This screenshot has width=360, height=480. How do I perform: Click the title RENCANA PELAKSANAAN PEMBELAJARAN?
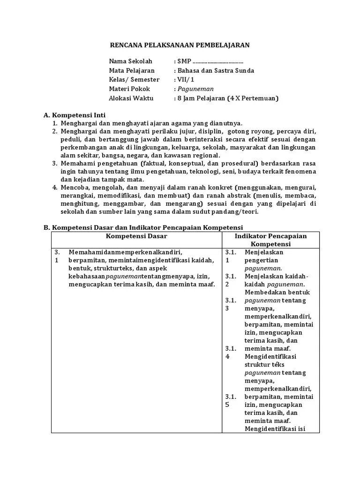180,45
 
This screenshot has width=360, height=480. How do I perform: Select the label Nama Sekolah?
127,61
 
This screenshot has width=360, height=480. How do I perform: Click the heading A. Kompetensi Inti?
75,115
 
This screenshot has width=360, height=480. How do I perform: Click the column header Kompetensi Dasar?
136,236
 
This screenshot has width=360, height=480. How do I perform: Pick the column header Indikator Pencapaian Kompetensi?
270,240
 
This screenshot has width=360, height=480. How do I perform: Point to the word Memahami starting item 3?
75,163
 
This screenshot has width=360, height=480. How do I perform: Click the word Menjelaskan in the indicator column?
264,252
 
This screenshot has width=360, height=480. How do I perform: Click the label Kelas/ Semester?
134,80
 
